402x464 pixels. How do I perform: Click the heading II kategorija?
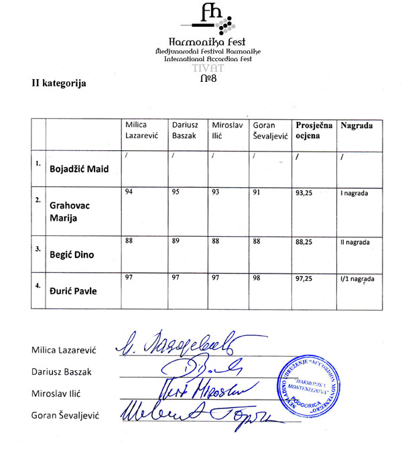59,84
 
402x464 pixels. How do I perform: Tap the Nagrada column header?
356,125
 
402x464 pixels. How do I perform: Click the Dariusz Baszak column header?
184,129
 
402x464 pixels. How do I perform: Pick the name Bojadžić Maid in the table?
79,169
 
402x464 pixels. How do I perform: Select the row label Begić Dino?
74,255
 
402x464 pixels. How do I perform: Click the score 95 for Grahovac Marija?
177,193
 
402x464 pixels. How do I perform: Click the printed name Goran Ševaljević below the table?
65,416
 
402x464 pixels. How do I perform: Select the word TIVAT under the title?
206,68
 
